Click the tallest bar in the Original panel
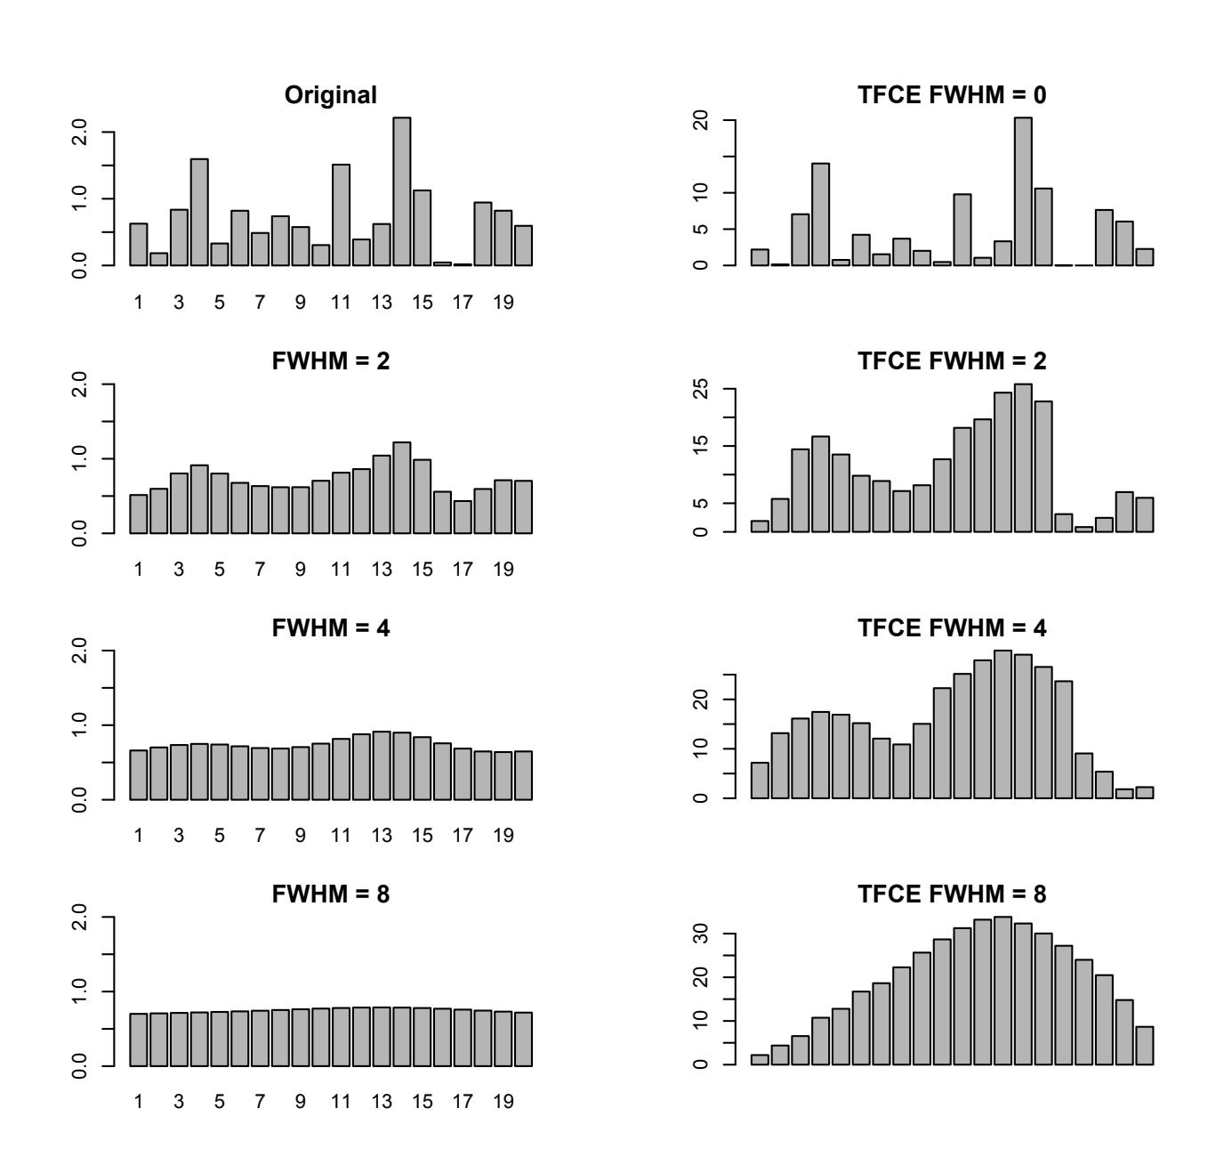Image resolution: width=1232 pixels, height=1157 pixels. [401, 191]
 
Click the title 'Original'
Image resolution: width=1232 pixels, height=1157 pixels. [331, 95]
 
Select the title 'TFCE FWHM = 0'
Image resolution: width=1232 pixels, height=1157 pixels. [952, 95]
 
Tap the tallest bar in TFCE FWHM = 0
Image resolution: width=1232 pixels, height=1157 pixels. [1023, 191]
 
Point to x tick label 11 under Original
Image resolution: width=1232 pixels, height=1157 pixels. [341, 303]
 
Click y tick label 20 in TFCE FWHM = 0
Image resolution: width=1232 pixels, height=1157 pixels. [704, 120]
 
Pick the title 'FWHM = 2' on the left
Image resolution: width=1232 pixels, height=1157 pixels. [331, 361]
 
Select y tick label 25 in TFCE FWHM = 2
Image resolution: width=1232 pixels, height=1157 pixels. [704, 390]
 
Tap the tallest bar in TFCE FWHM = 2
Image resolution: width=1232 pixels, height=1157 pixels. [1023, 458]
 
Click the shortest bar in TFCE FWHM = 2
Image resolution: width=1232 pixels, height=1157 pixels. [1083, 530]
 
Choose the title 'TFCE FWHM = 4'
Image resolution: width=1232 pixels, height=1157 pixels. [952, 628]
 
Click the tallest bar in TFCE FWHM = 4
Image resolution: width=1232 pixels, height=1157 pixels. [1003, 724]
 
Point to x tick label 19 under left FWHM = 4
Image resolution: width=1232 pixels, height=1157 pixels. [503, 836]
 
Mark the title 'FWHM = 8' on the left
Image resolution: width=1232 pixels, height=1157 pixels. [331, 894]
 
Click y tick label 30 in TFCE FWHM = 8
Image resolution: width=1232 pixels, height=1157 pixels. [704, 934]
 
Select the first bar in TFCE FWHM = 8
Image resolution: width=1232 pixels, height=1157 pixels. [760, 1059]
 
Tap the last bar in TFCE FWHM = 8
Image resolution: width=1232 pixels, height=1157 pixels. [1144, 1046]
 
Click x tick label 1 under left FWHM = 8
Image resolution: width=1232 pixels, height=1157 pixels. [139, 1102]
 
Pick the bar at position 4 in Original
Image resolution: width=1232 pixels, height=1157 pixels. [199, 212]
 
